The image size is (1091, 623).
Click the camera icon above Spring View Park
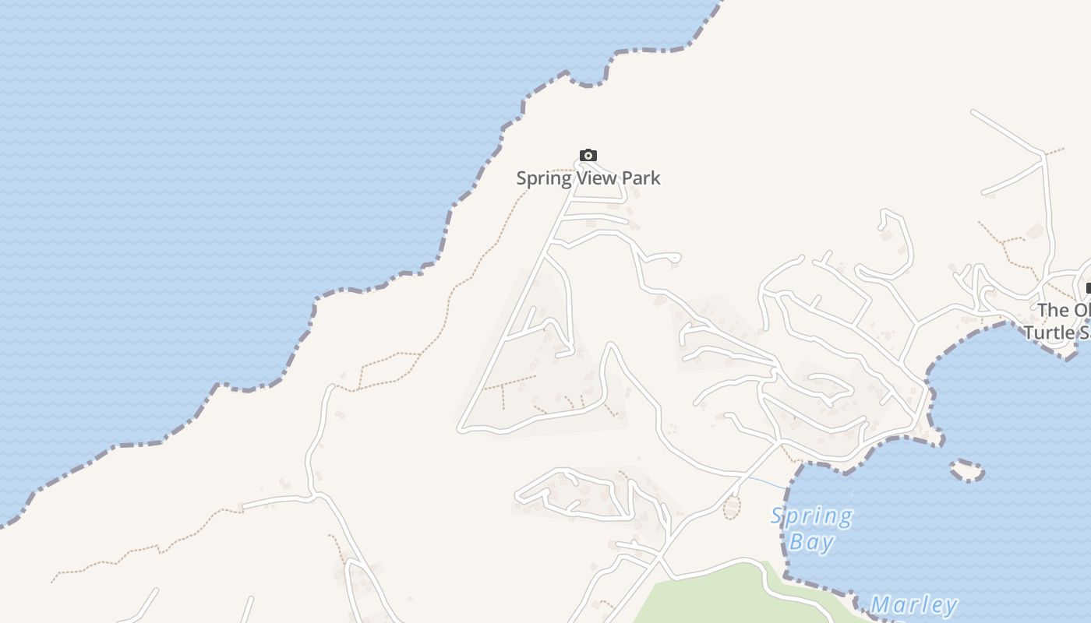tap(588, 155)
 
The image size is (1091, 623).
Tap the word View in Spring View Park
tap(596, 178)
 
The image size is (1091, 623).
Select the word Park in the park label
tap(641, 178)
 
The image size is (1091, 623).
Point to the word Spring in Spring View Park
tap(544, 178)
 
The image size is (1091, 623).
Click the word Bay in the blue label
tap(811, 542)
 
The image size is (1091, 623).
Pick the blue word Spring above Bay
tap(811, 516)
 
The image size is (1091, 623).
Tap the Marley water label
tap(913, 605)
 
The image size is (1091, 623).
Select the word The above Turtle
tap(1052, 310)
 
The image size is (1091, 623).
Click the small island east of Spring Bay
tap(967, 470)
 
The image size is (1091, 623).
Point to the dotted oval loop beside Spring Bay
tap(732, 509)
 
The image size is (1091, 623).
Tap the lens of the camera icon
tap(588, 156)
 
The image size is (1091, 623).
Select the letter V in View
tap(581, 178)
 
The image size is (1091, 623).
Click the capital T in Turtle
tap(1029, 333)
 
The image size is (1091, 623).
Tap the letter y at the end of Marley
tap(949, 607)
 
